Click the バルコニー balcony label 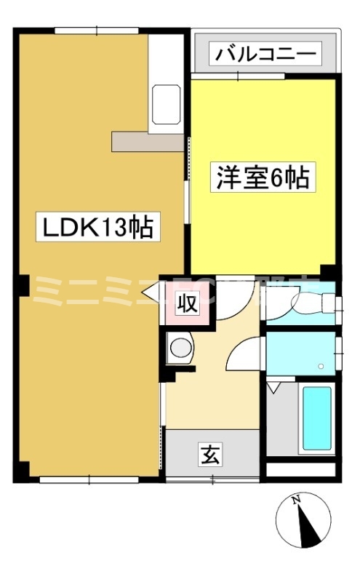tap(264, 53)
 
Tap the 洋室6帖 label tap(263, 178)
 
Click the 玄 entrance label tap(209, 456)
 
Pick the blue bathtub tap(316, 419)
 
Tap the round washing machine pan tap(179, 348)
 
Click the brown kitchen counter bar tap(146, 141)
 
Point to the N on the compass tap(296, 501)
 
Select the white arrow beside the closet tap(153, 294)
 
